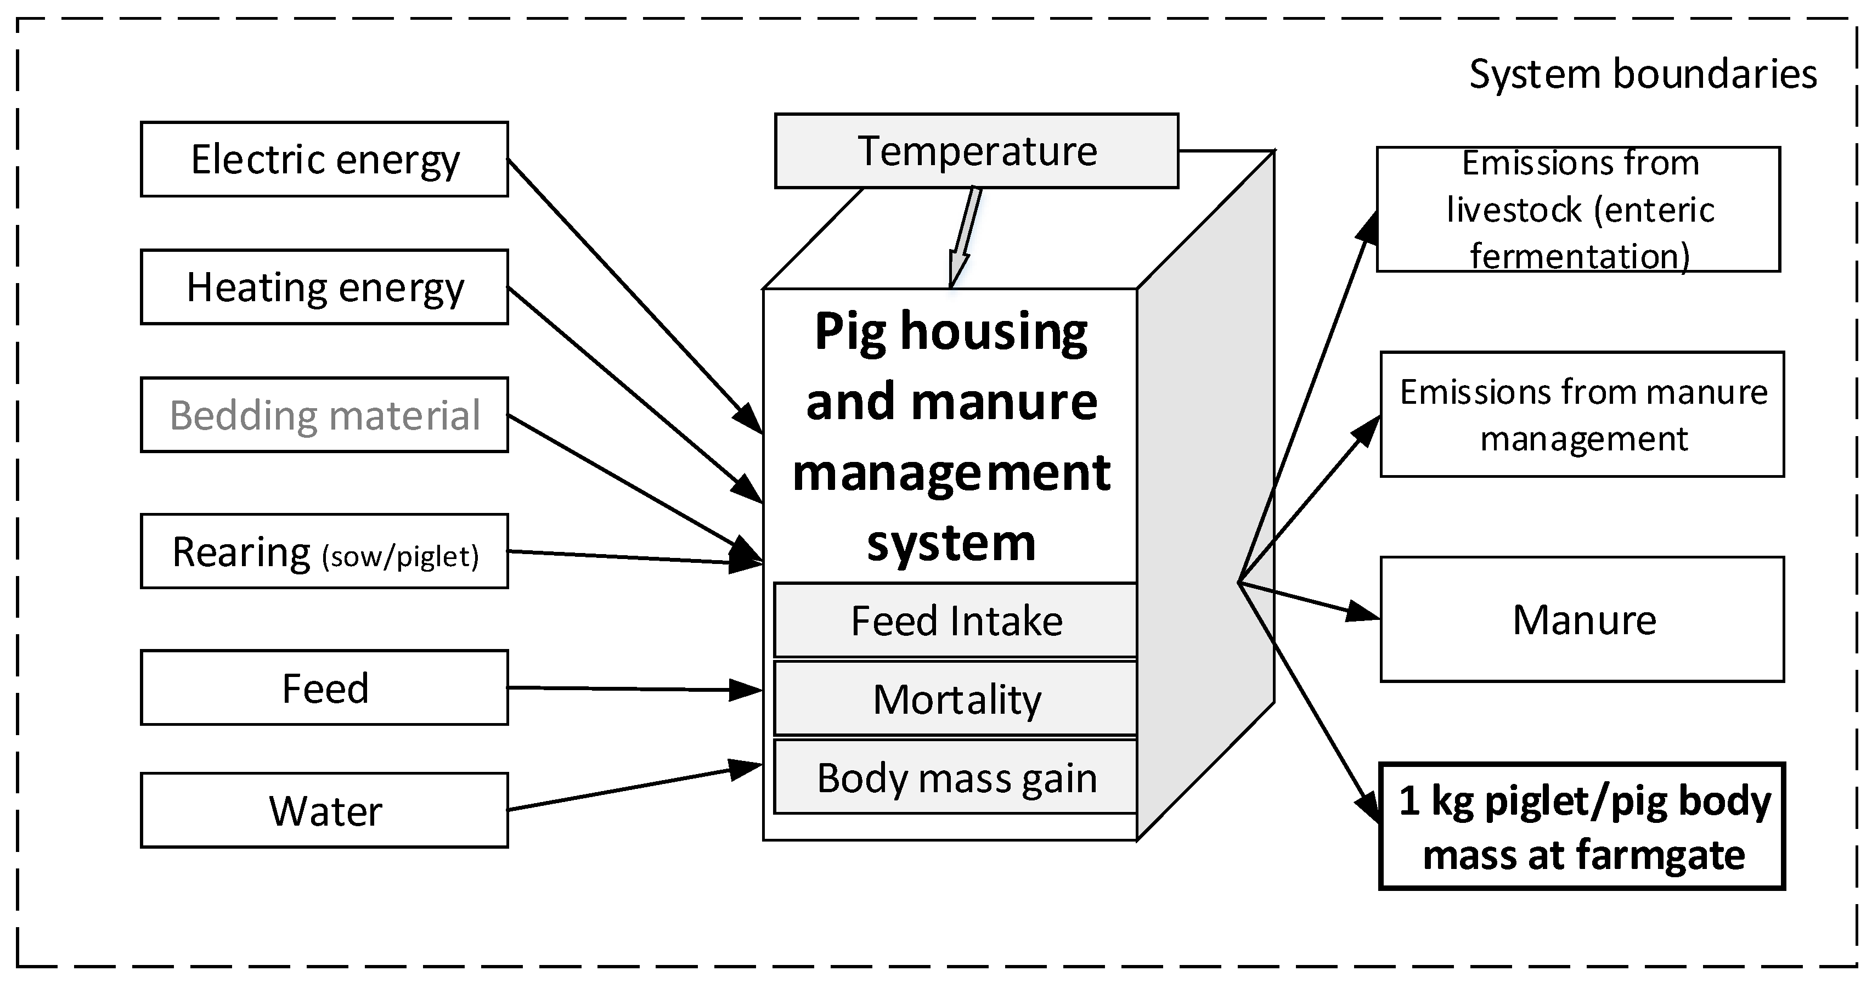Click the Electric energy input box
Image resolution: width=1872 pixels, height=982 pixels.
point(324,159)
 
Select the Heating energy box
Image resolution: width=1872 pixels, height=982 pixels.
point(324,287)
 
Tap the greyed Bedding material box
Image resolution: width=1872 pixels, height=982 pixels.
point(324,415)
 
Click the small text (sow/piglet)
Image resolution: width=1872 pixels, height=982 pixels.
point(401,557)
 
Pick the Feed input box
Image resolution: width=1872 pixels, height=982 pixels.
point(324,687)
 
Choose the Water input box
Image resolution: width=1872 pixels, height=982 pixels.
point(324,810)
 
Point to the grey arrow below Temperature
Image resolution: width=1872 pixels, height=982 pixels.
point(965,236)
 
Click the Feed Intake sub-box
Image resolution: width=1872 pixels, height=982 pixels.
point(956,621)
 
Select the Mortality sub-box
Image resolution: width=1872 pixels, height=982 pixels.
point(956,699)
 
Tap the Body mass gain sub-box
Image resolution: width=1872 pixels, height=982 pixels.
point(956,778)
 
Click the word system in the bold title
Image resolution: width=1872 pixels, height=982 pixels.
point(950,543)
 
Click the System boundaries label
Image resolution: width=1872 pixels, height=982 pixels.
point(1642,74)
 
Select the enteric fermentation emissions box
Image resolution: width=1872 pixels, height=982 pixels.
point(1578,210)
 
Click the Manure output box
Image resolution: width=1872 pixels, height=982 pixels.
point(1582,620)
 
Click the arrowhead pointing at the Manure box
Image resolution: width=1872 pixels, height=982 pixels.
point(1363,613)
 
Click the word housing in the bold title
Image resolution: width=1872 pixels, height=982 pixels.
point(994,332)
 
